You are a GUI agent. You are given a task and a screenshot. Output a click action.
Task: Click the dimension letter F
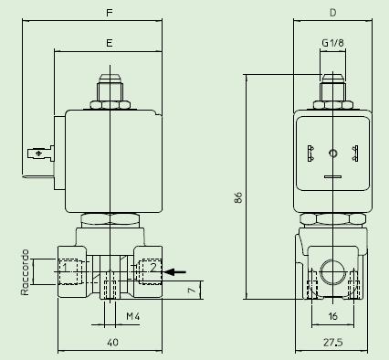[110, 13]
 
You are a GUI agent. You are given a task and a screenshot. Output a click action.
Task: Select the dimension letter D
[332, 13]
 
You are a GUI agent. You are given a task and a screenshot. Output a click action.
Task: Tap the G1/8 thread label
[333, 42]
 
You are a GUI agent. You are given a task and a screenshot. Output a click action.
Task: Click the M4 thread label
[131, 316]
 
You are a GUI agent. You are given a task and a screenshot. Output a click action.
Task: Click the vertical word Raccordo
[26, 272]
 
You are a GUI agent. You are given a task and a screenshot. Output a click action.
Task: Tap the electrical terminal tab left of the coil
[40, 154]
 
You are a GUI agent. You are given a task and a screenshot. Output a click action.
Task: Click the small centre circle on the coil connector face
[332, 153]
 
